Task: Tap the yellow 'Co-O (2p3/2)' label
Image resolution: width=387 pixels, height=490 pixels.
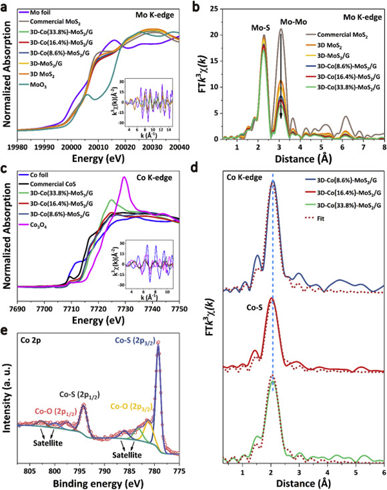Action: click(135, 407)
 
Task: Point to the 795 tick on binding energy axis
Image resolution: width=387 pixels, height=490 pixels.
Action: click(81, 469)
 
